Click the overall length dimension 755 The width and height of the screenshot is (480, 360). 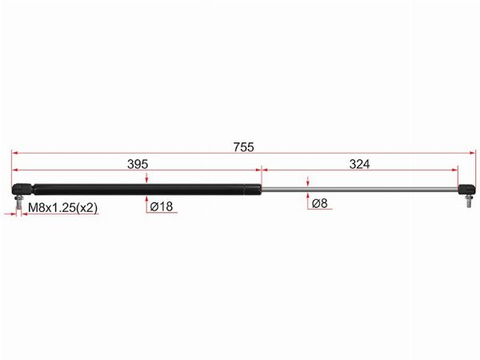(244, 147)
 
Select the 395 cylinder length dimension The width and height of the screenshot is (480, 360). (138, 164)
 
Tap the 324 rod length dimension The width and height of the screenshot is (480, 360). (360, 164)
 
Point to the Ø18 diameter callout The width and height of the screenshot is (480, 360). (162, 206)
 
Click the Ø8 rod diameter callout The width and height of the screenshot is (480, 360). (320, 203)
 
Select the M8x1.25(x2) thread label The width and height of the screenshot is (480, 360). (62, 208)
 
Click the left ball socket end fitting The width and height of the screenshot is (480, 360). (22, 189)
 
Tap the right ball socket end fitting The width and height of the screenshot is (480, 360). (467, 190)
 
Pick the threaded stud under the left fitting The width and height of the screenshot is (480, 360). (18, 202)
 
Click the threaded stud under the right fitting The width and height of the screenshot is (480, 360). (469, 201)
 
